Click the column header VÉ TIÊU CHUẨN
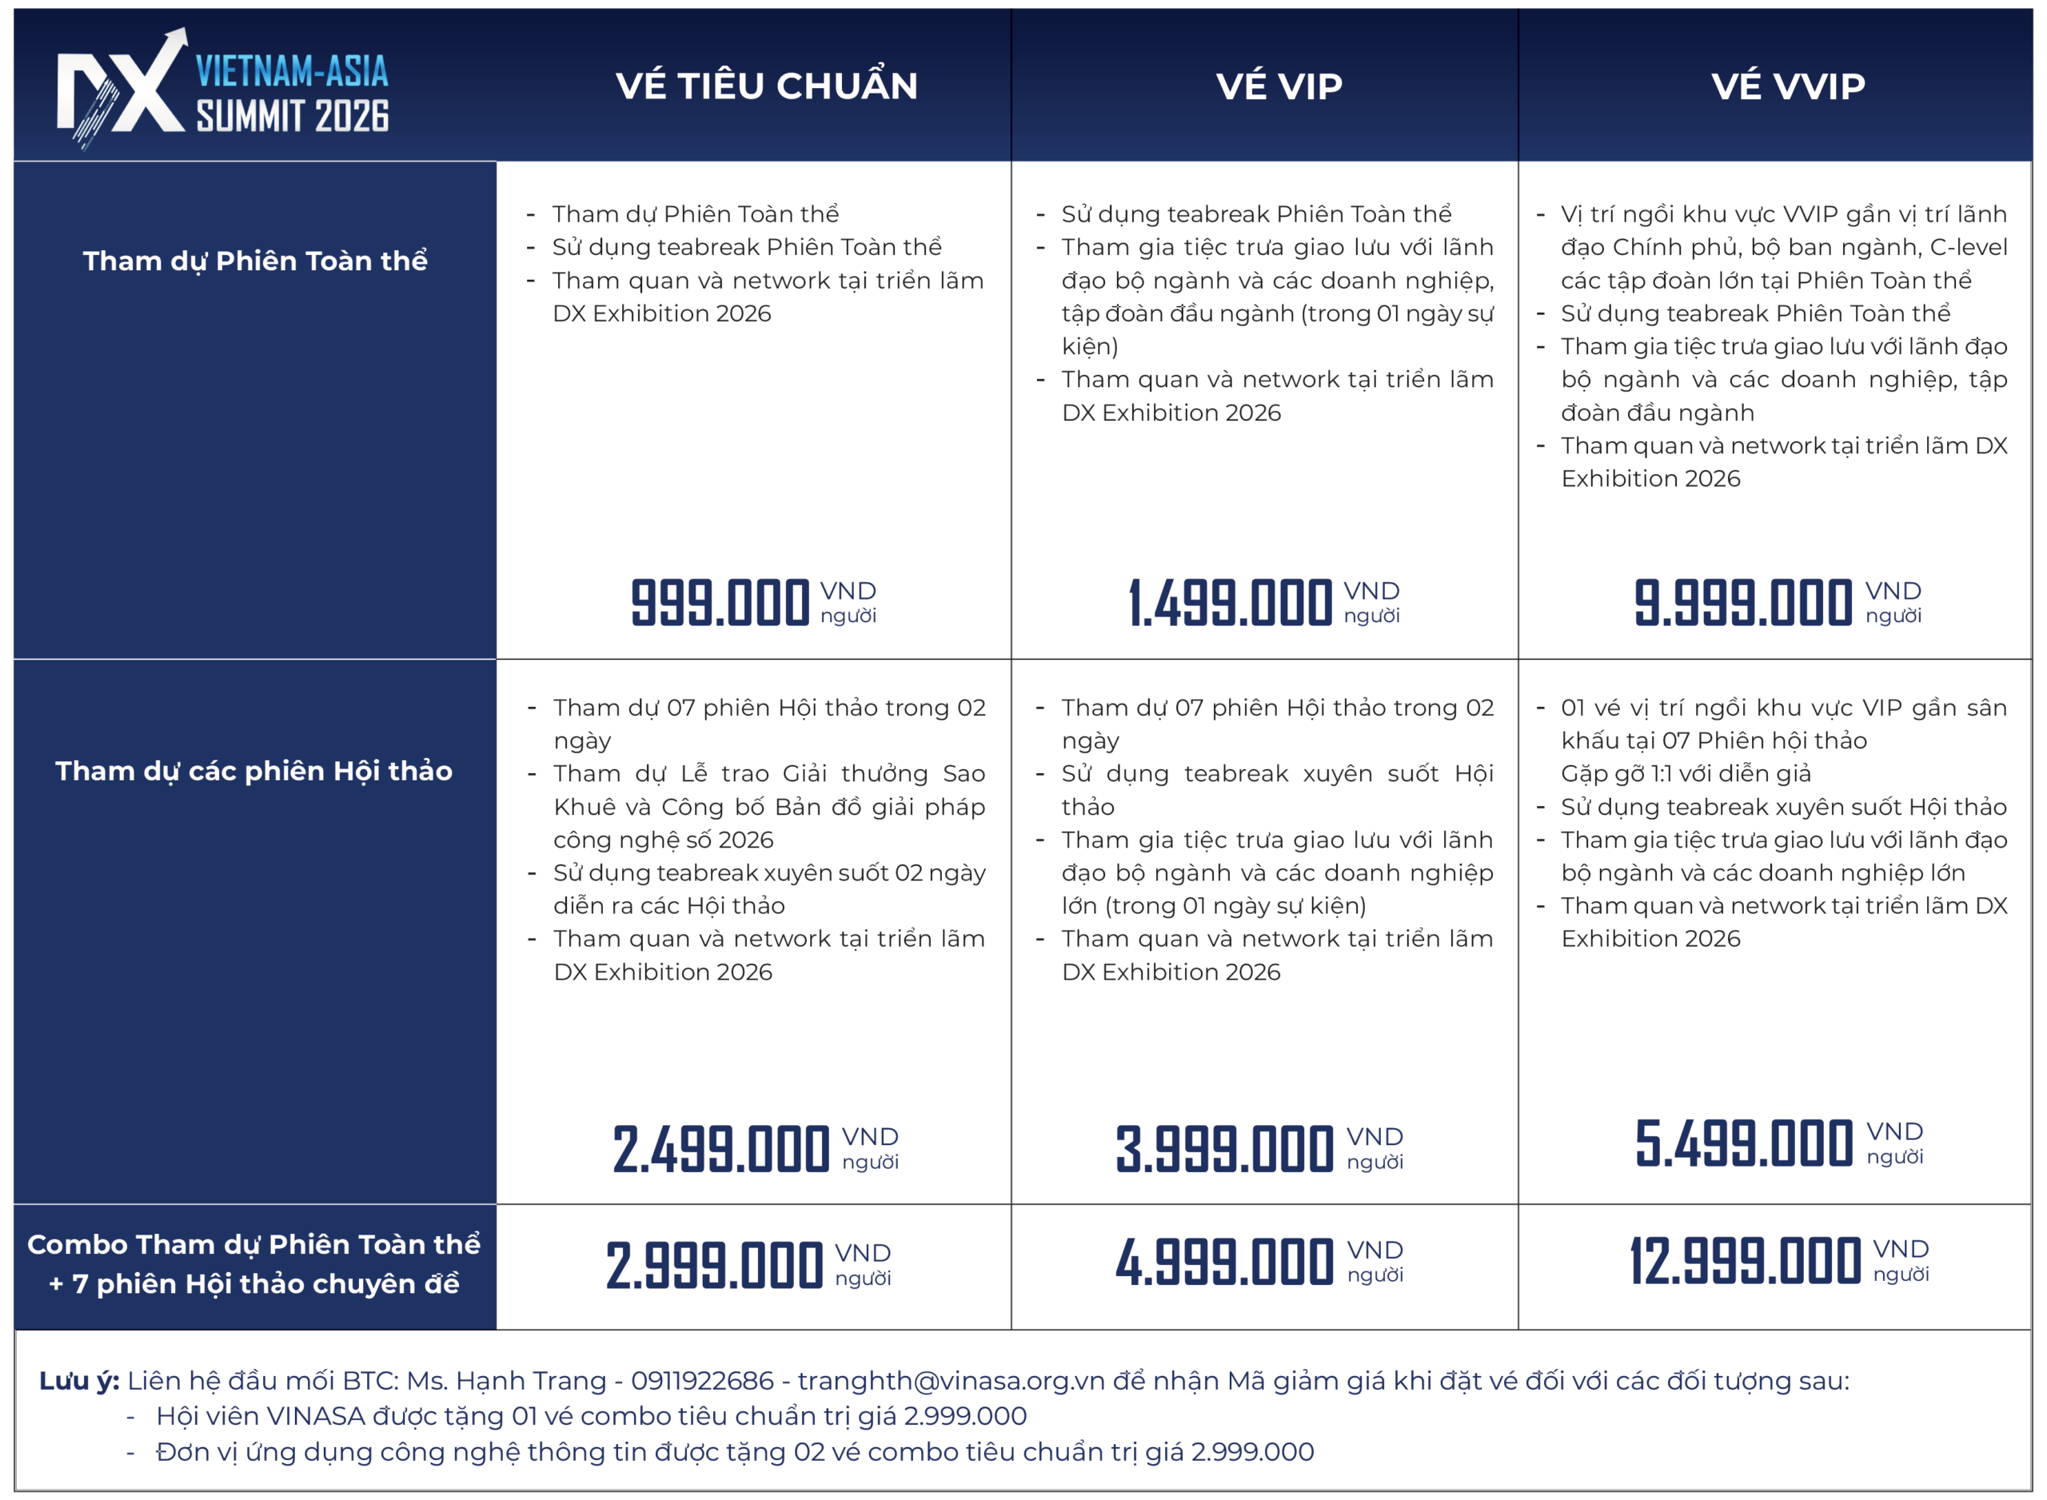(x=766, y=86)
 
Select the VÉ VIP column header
(x=1279, y=86)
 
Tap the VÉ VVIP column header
(x=1788, y=86)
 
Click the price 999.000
(x=720, y=604)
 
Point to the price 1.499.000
(x=1230, y=604)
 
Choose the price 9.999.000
(x=1743, y=604)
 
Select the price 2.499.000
(x=720, y=1150)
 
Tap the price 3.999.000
(x=1224, y=1150)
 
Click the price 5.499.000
(x=1744, y=1144)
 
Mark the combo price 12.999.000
(x=1745, y=1262)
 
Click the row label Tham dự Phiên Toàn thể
(x=255, y=261)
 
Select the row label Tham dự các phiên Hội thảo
(x=254, y=771)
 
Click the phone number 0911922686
(x=703, y=1381)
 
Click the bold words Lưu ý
(x=79, y=1381)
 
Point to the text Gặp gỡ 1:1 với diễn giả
(x=1686, y=774)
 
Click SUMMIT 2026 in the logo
(x=293, y=116)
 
